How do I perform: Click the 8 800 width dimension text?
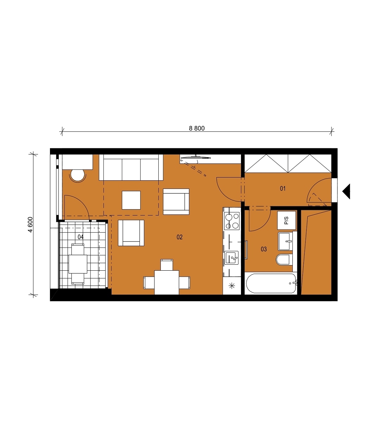[197, 128]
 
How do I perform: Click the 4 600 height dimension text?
[31, 225]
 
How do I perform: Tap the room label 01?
[283, 188]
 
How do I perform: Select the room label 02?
[179, 237]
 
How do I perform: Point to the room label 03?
[264, 249]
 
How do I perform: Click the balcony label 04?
[81, 237]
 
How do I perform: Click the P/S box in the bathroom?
[286, 220]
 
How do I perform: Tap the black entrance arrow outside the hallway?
[346, 191]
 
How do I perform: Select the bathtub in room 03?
[271, 283]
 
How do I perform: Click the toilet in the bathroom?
[284, 260]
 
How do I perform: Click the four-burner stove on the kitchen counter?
[232, 221]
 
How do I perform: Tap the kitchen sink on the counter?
[232, 258]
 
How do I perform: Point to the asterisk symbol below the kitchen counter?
[232, 286]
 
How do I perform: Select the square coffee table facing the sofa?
[131, 200]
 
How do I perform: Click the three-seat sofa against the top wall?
[131, 167]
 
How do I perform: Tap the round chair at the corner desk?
[78, 176]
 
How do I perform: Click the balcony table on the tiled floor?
[78, 264]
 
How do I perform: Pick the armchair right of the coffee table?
[176, 202]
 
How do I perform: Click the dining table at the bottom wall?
[167, 283]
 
